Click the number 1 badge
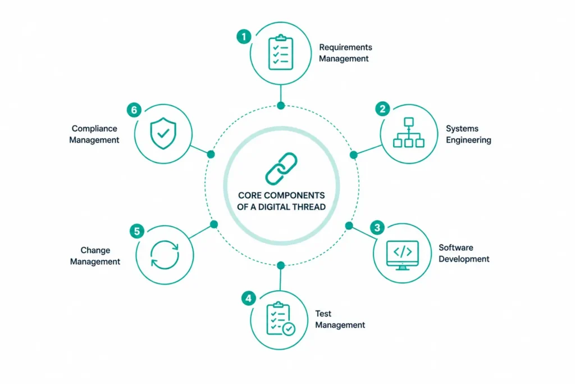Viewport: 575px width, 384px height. tap(244, 37)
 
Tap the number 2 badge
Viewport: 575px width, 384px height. tap(382, 109)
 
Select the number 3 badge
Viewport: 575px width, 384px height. tap(377, 228)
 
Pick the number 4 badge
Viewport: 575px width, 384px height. tap(248, 298)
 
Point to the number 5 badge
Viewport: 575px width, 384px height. tap(137, 231)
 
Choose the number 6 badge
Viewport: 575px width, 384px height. tap(134, 110)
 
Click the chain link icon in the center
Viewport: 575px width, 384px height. tap(281, 169)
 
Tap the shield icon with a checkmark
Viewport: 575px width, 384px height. tap(163, 133)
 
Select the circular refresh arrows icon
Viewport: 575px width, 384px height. tap(165, 255)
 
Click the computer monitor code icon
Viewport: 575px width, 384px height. tap(402, 255)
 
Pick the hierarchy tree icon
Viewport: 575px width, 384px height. tap(409, 133)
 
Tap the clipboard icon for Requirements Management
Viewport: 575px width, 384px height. tap(281, 52)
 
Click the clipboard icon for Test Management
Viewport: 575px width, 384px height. tap(281, 319)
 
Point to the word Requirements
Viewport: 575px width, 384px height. tap(345, 47)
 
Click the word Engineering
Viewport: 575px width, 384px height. tap(468, 140)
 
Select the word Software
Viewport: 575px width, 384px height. tap(456, 247)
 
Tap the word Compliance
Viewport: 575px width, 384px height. tap(94, 129)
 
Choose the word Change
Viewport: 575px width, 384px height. tap(95, 250)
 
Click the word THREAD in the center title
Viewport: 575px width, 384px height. tap(308, 207)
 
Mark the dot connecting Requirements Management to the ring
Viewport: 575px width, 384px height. tap(281, 106)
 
